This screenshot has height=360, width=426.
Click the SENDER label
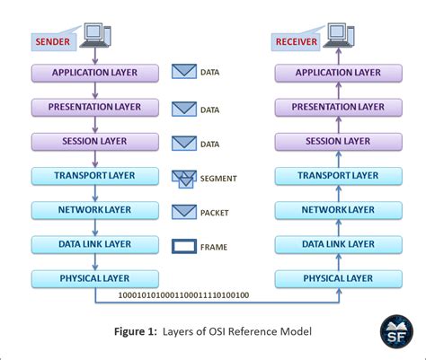coord(53,41)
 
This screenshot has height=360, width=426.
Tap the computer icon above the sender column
coord(95,33)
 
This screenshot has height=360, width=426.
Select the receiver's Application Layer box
coord(337,73)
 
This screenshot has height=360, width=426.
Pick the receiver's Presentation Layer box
coord(337,108)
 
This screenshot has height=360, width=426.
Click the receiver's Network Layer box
coord(337,211)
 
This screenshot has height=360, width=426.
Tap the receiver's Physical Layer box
coord(337,279)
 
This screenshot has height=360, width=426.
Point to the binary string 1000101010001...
coord(183,294)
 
